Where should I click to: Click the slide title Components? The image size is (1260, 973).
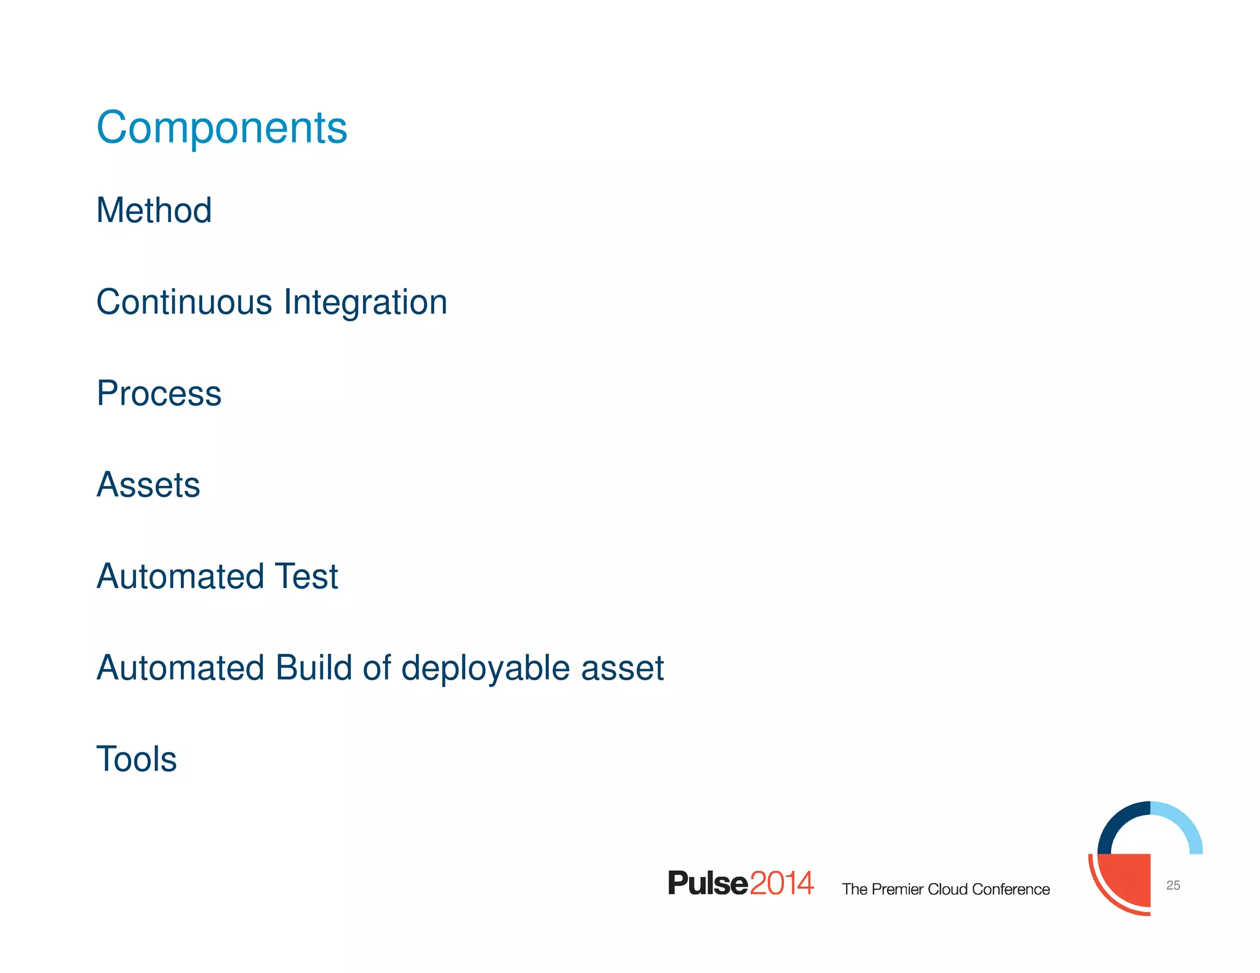tap(222, 128)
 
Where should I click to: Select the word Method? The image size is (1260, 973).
tap(154, 210)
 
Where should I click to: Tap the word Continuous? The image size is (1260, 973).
tap(184, 302)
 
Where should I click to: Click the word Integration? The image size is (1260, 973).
tap(365, 302)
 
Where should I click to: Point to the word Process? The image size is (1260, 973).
tap(159, 394)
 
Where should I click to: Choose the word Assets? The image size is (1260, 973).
tap(148, 485)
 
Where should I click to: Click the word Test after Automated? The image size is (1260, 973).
tap(306, 576)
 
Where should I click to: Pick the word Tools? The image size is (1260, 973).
tap(137, 759)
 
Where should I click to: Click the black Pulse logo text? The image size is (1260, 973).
tap(708, 883)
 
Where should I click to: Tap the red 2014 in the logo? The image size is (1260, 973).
tap(782, 883)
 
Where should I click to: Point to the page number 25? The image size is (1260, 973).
tap(1173, 885)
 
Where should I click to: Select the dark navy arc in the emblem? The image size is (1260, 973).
tap(1116, 820)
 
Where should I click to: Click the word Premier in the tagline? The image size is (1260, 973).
tap(898, 889)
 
